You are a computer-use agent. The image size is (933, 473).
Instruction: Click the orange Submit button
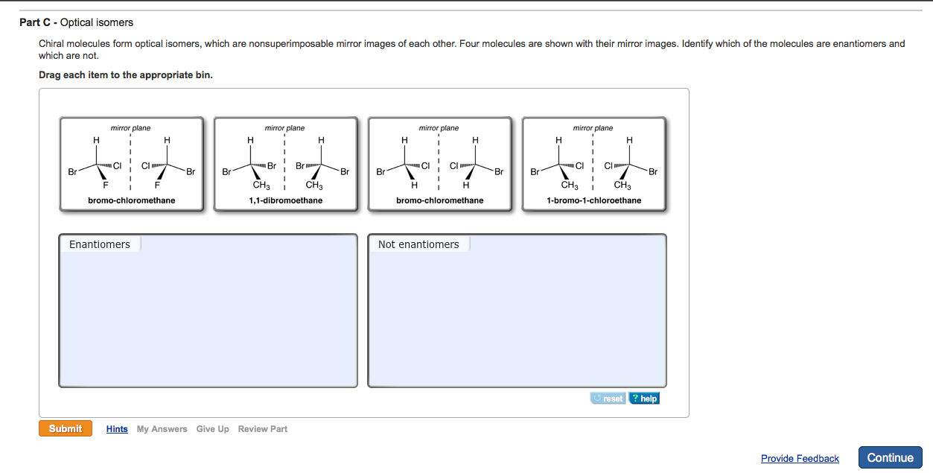pyautogui.click(x=66, y=428)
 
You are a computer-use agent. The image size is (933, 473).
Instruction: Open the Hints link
pyautogui.click(x=117, y=429)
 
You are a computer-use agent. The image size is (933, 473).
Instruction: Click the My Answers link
pyautogui.click(x=162, y=429)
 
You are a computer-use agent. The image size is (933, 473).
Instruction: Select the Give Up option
pyautogui.click(x=212, y=429)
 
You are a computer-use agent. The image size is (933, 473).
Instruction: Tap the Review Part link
pyautogui.click(x=262, y=429)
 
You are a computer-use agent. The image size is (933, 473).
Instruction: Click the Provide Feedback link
pyautogui.click(x=800, y=458)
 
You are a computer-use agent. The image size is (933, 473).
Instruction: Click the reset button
pyautogui.click(x=608, y=399)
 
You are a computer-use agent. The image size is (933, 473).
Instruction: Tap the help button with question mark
pyautogui.click(x=644, y=399)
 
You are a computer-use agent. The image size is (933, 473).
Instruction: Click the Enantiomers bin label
pyautogui.click(x=100, y=244)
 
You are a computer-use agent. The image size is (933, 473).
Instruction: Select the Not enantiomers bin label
pyautogui.click(x=418, y=244)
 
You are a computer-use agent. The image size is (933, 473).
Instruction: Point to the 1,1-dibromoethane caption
pyautogui.click(x=285, y=200)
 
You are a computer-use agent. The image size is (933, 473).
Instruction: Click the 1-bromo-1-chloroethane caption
pyautogui.click(x=593, y=200)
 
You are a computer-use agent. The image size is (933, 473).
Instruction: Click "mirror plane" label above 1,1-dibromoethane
pyautogui.click(x=285, y=128)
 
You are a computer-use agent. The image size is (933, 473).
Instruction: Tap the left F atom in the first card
pyautogui.click(x=106, y=185)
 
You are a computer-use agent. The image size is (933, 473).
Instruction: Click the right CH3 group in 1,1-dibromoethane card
pyautogui.click(x=313, y=185)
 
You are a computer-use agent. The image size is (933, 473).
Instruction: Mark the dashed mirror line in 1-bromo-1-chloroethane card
pyautogui.click(x=593, y=160)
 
